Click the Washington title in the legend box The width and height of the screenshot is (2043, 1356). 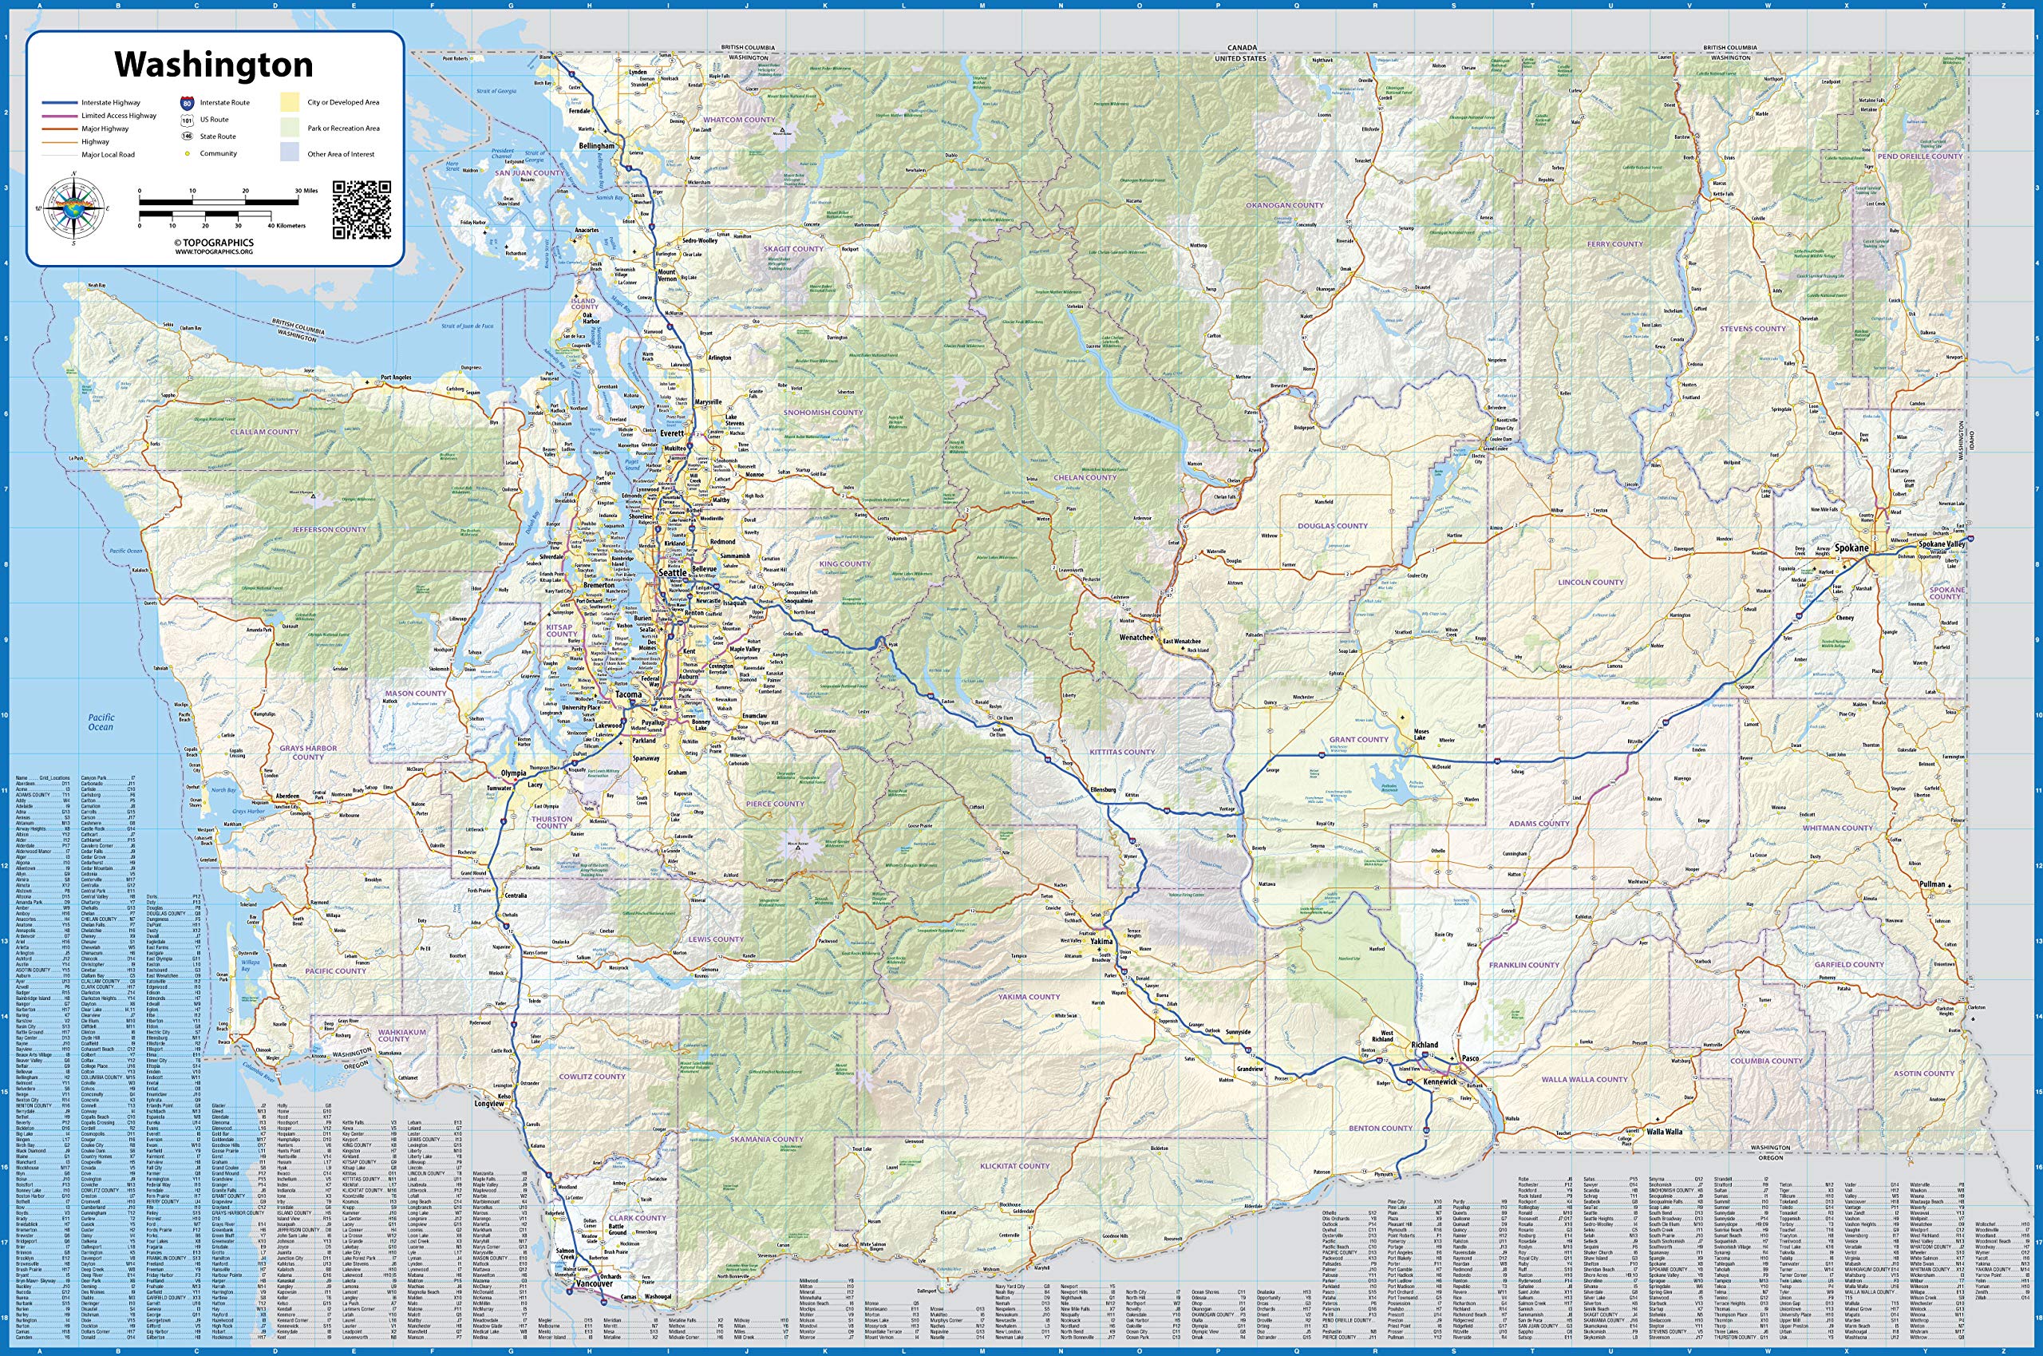coord(214,65)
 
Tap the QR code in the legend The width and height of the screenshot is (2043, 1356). coord(362,210)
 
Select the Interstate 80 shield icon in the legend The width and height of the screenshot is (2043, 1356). coord(188,102)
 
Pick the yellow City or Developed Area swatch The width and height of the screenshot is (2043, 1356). coord(289,102)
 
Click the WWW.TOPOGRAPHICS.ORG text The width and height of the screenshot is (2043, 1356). coord(214,251)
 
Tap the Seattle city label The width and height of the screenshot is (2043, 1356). coord(674,572)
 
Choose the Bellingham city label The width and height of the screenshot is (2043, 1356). coord(597,146)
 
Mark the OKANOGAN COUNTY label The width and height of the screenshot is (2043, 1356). coord(1285,206)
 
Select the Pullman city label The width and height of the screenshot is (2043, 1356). coord(1925,884)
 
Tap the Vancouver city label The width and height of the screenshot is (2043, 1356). coord(594,1284)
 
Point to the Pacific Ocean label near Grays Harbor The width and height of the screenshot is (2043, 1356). coord(101,722)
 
